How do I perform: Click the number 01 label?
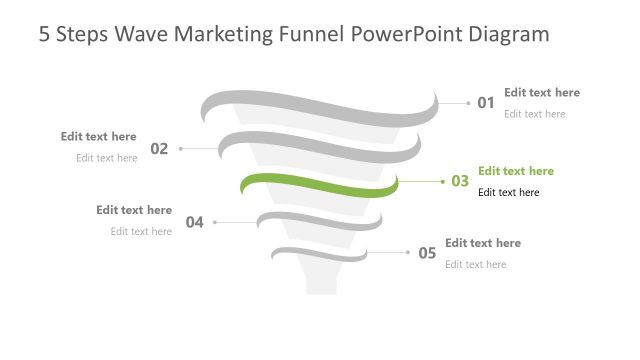tap(486, 102)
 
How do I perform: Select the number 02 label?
tap(159, 149)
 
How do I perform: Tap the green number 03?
tap(460, 181)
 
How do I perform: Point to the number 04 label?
tap(194, 222)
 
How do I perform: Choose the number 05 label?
tap(427, 253)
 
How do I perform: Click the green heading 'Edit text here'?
tap(516, 171)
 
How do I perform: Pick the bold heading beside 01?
tap(542, 92)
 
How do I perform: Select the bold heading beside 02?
tap(98, 136)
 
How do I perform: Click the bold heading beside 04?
tap(134, 210)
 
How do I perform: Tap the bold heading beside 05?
tap(483, 242)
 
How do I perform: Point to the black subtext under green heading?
tap(509, 192)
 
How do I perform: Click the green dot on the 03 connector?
tap(443, 181)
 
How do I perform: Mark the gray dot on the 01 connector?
tap(468, 102)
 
